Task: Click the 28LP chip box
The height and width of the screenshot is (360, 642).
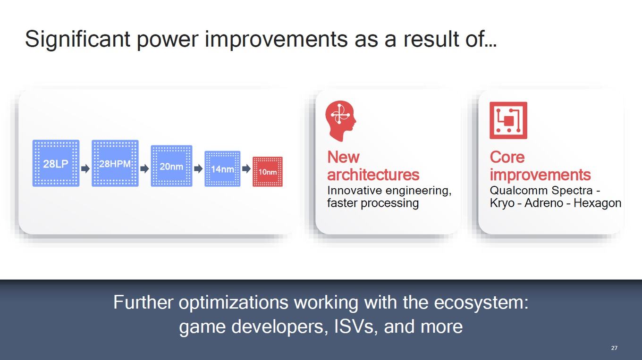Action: tap(56, 163)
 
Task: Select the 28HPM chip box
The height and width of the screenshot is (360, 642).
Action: tap(115, 163)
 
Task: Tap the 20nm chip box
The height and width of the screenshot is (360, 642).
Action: tap(171, 166)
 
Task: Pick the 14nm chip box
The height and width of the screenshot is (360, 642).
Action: tap(222, 169)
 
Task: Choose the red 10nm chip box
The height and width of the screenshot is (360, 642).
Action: tap(267, 172)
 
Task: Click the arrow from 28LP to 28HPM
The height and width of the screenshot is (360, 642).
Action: tap(85, 169)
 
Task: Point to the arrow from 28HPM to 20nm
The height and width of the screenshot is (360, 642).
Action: tap(145, 169)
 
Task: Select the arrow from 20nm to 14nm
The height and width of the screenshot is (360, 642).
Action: tap(198, 169)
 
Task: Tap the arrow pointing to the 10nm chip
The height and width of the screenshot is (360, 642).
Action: tap(246, 169)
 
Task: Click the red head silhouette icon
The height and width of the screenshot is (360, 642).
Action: tap(340, 121)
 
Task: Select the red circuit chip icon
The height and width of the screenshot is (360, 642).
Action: tap(508, 120)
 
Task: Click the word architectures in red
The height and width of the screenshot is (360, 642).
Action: tap(373, 175)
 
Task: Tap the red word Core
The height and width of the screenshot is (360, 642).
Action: tap(507, 157)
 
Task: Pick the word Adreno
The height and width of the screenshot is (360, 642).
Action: tap(544, 203)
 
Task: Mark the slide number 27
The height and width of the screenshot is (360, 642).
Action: tap(614, 348)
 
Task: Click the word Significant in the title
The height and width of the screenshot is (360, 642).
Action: tap(78, 39)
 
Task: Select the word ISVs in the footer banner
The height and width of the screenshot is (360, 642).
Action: tap(354, 327)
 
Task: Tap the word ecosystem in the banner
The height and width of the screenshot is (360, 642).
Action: tap(481, 302)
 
